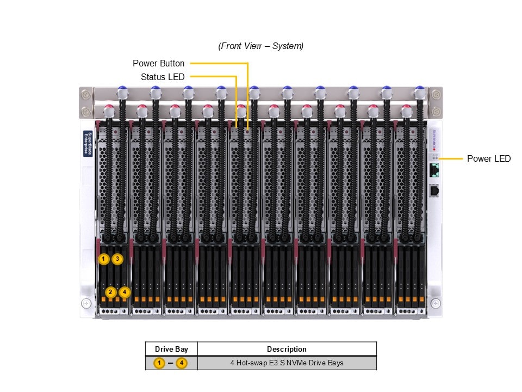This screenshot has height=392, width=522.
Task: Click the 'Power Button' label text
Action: (158, 64)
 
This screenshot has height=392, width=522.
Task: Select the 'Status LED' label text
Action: (163, 77)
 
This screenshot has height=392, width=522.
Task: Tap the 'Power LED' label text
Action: (489, 159)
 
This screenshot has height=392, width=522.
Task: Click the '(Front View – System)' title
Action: (261, 46)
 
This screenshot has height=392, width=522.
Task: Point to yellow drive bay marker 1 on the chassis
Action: (104, 259)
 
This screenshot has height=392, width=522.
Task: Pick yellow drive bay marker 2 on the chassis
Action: (111, 292)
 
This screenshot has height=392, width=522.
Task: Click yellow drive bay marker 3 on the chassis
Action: (117, 259)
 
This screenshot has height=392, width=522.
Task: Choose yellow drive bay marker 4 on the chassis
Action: (125, 292)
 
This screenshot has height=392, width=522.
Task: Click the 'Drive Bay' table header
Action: (171, 349)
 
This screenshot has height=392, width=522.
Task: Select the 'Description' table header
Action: (287, 349)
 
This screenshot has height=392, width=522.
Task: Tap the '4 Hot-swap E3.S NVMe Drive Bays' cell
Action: (287, 363)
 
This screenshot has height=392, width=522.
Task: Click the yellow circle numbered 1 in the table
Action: (159, 363)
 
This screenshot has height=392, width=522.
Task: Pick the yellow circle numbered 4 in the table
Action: (182, 363)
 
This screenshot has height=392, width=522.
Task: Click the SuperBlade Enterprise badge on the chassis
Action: (88, 144)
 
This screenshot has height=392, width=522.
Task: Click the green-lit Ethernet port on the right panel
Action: (434, 170)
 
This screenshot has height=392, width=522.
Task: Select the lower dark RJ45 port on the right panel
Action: (434, 191)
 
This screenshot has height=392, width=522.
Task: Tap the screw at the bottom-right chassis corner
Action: (435, 303)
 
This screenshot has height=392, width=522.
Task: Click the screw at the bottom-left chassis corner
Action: (86, 303)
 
